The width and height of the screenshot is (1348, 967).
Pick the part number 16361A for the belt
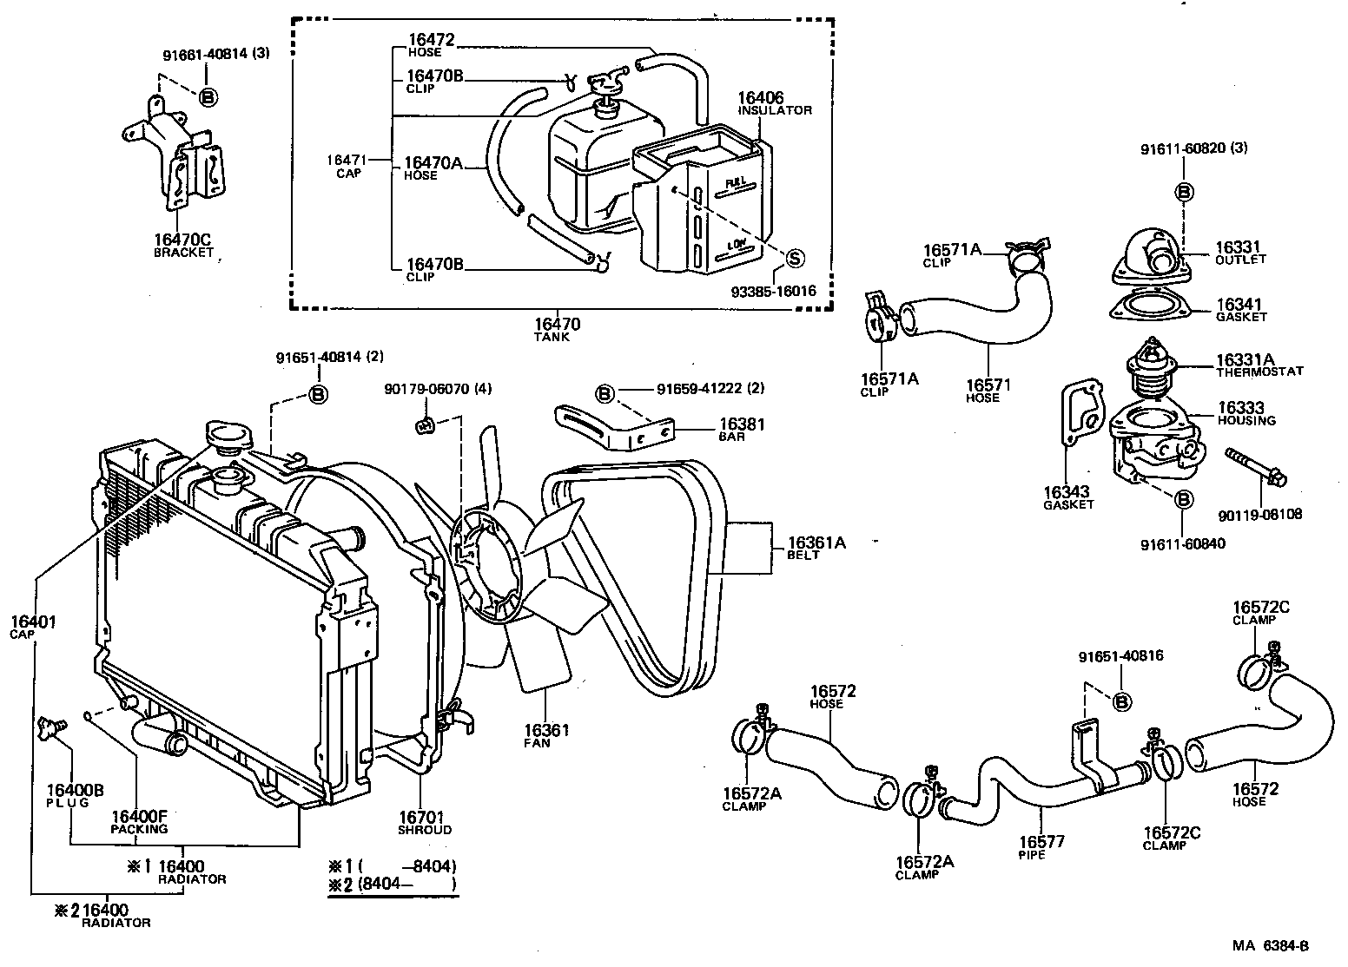coord(816,543)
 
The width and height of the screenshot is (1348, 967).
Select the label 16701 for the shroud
coord(421,817)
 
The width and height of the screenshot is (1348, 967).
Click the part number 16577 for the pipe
coord(1041,841)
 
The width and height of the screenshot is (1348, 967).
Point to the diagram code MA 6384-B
coord(1268,946)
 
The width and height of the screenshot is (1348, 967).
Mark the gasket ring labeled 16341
coord(1147,309)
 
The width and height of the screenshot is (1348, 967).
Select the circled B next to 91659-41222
coord(605,394)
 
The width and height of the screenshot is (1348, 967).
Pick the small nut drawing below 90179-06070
coord(425,424)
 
